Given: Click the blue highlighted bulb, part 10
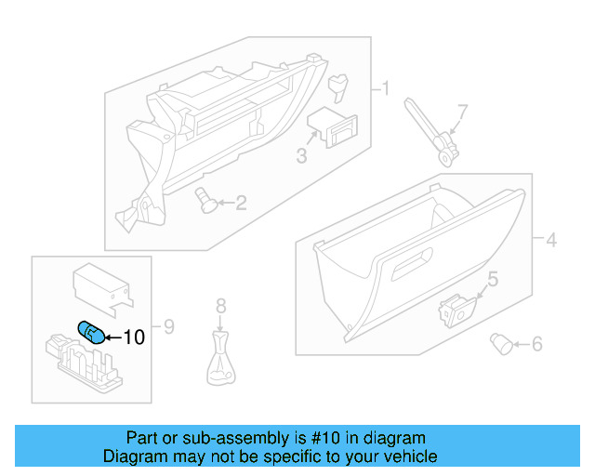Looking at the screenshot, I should tap(90, 331).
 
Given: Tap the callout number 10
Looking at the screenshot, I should tap(134, 338).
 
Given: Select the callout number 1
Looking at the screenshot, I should tap(384, 89).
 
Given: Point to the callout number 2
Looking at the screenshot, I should tap(240, 203).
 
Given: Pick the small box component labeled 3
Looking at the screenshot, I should tap(331, 126).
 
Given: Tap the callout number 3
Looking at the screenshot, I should tap(301, 156).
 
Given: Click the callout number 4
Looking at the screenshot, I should tap(550, 241).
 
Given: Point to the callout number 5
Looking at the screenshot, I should tap(493, 278).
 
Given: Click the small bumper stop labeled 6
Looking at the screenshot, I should tap(502, 346).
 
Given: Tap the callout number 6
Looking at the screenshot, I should tap(536, 345).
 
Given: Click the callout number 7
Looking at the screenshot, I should tap(463, 111).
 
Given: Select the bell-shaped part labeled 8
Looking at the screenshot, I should tap(220, 362).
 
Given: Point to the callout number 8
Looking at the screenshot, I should tap(220, 305).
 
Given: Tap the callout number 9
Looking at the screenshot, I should tap(169, 326).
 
